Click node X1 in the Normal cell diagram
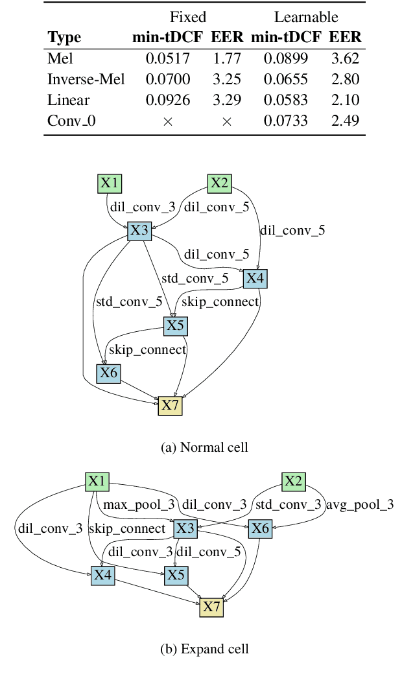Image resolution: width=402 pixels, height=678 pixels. (x=109, y=184)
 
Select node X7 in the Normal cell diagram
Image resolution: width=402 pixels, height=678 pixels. (x=170, y=406)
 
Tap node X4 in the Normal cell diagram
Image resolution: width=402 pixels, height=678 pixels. (x=255, y=279)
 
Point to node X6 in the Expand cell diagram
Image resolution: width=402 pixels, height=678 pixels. (x=260, y=529)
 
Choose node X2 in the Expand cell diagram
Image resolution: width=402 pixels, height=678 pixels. (x=293, y=482)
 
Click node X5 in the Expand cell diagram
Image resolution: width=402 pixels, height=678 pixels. (x=176, y=575)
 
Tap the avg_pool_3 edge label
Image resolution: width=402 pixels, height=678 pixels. (x=359, y=504)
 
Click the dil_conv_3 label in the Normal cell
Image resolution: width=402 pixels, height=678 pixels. (x=143, y=207)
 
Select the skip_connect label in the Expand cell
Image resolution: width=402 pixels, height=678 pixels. (x=127, y=529)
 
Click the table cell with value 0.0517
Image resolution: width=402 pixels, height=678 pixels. (x=167, y=59)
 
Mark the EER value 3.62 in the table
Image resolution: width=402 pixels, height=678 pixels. (x=345, y=59)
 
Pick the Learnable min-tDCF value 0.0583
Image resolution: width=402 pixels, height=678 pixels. (x=285, y=100)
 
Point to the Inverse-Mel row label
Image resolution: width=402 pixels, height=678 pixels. (x=86, y=80)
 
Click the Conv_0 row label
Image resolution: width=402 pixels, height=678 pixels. (x=71, y=121)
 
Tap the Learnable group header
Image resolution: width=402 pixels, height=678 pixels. (x=306, y=17)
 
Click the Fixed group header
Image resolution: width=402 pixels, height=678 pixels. (x=188, y=17)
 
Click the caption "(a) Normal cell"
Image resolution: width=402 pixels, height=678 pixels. (x=204, y=447)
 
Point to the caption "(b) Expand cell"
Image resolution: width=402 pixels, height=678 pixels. (x=204, y=649)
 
